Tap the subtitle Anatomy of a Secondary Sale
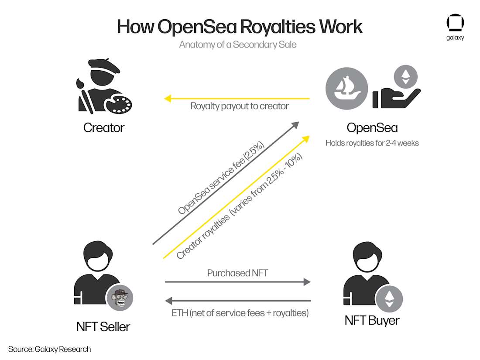point(238,45)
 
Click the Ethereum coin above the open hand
point(406,77)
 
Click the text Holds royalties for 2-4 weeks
point(372,143)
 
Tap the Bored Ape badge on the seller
point(120,299)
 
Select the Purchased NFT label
point(237,274)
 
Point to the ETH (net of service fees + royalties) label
point(240,312)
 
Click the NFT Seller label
point(103,326)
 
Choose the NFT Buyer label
point(372,321)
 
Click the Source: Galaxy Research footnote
point(49,349)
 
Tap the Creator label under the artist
point(104,128)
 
